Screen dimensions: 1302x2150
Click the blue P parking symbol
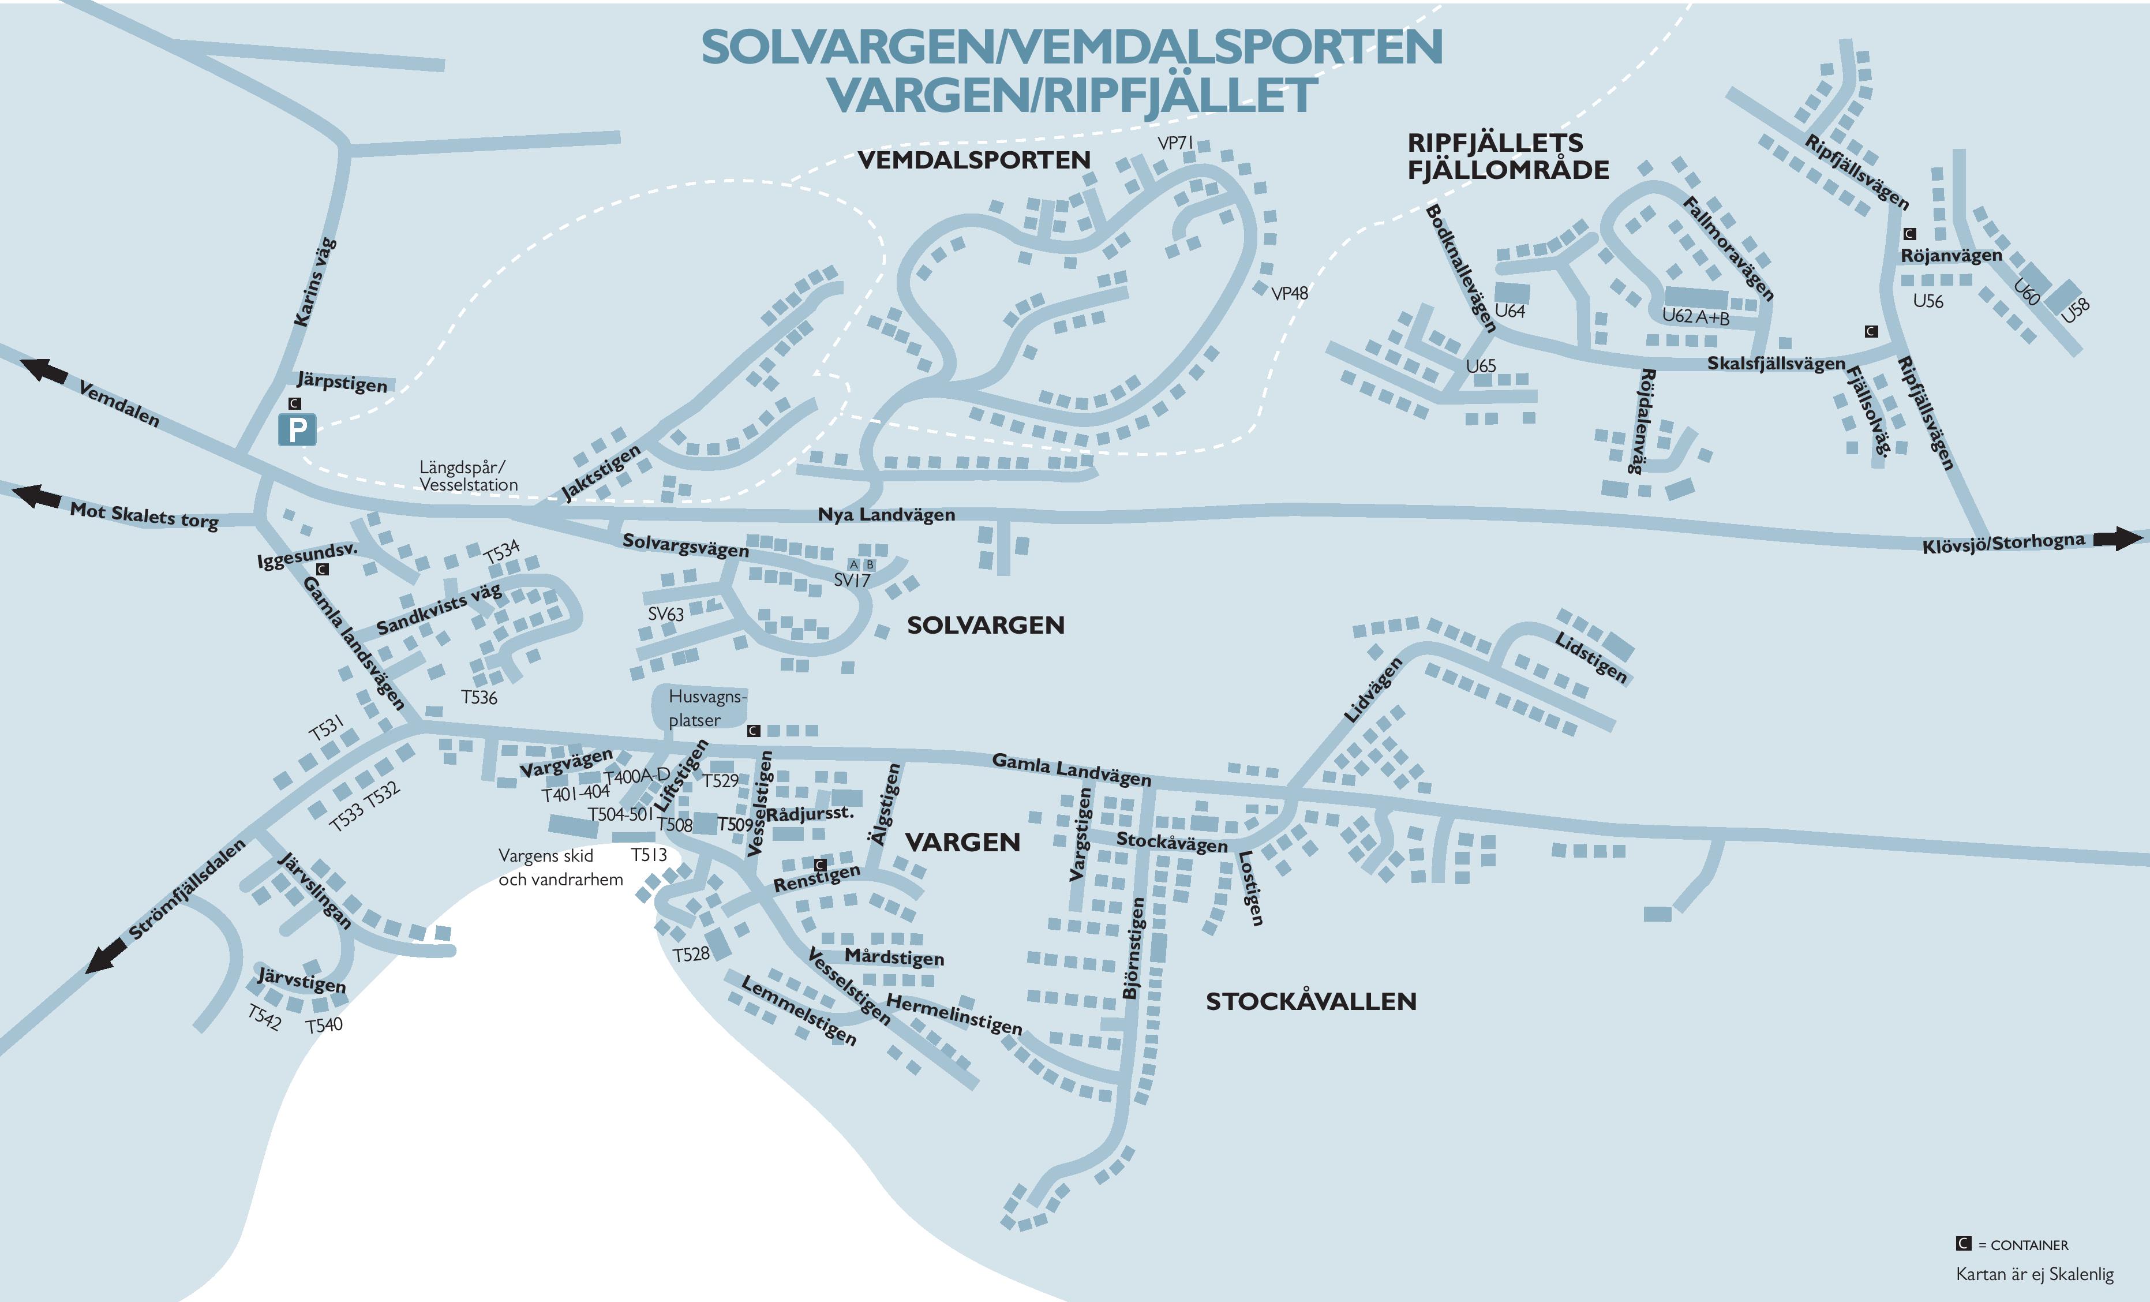[297, 430]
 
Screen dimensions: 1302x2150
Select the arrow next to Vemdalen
[44, 371]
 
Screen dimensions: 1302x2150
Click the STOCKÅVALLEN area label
[1310, 1002]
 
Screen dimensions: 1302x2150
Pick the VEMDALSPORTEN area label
[974, 160]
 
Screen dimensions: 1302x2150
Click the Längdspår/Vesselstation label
[468, 477]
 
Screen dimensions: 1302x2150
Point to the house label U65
[1481, 366]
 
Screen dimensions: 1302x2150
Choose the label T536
[479, 697]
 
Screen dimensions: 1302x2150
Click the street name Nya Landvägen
[886, 515]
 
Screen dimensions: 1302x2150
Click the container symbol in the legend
[1963, 1244]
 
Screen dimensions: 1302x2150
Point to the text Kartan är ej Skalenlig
[2035, 1274]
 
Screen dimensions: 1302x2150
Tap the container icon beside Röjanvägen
[1909, 234]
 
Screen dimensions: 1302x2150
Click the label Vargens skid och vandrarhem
[560, 867]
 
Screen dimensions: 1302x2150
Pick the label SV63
[666, 614]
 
